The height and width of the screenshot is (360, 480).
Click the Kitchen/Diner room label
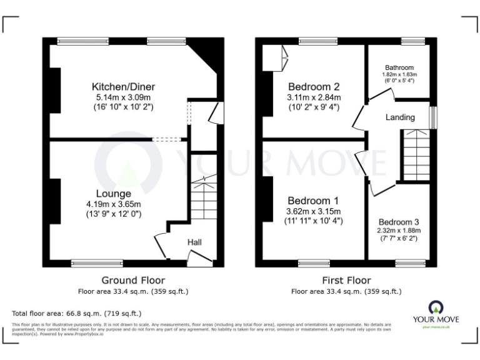pyautogui.click(x=123, y=86)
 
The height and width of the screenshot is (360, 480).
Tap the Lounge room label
pyautogui.click(x=114, y=193)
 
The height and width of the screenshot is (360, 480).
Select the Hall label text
pyautogui.click(x=194, y=242)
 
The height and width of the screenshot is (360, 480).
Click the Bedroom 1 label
pyautogui.click(x=313, y=201)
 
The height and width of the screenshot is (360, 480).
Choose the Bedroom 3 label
pyautogui.click(x=399, y=222)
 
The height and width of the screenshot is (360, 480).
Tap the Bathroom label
pyautogui.click(x=399, y=67)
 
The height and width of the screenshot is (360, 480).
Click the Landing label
pyautogui.click(x=400, y=117)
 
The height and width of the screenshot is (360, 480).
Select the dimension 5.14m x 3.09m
pyautogui.click(x=123, y=97)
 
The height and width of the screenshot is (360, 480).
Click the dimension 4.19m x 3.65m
pyautogui.click(x=114, y=204)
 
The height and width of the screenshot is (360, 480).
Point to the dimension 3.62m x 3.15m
pyautogui.click(x=313, y=211)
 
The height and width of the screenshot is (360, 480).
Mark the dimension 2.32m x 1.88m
pyautogui.click(x=399, y=230)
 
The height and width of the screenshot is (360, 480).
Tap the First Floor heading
pyautogui.click(x=346, y=280)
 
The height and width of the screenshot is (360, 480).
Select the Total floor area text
pyautogui.click(x=77, y=313)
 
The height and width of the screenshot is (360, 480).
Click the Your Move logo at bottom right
pyautogui.click(x=435, y=313)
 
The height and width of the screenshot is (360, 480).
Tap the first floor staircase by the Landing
pyautogui.click(x=414, y=154)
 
